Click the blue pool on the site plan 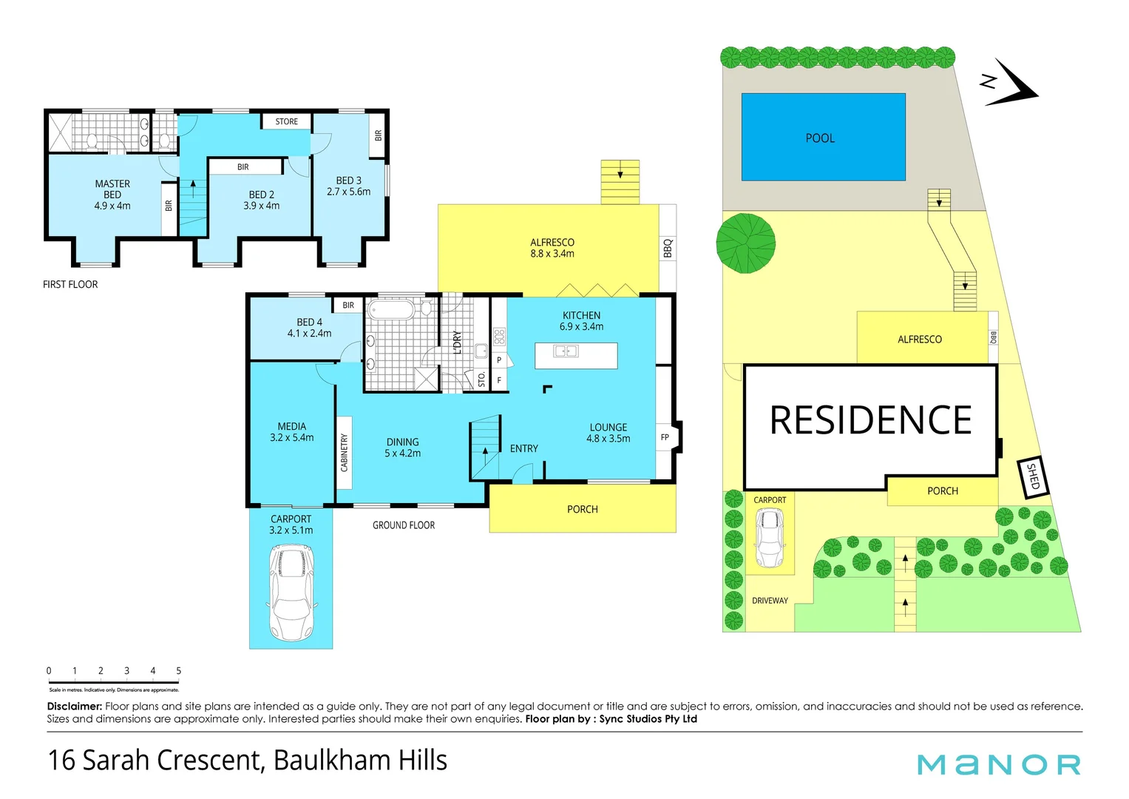(823, 137)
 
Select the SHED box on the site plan (1033, 476)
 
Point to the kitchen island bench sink (566, 351)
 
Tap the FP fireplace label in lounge (665, 437)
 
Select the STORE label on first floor (287, 121)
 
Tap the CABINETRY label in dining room (344, 452)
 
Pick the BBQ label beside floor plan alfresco (668, 248)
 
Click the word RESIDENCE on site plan (870, 420)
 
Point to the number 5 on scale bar (178, 670)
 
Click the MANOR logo (998, 764)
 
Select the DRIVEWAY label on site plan (770, 601)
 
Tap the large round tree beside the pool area (746, 243)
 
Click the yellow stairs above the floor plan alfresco (620, 182)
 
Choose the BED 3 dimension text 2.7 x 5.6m (349, 192)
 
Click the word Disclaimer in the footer (74, 707)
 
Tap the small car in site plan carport (770, 538)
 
